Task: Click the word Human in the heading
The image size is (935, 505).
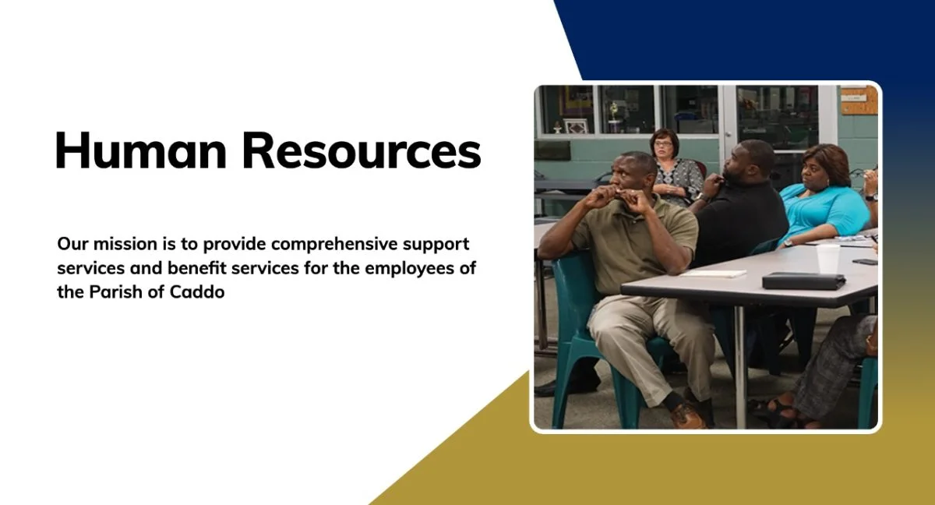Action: coord(141,150)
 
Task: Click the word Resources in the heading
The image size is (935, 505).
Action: coord(362,150)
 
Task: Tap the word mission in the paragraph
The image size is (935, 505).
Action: coord(125,244)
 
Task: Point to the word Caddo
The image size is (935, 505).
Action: coord(197,292)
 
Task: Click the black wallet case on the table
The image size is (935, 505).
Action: coord(804,281)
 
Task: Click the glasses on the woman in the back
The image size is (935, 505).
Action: coord(663,144)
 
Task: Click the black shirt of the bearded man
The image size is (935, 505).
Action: coord(739,224)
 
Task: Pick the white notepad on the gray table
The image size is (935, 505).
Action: coord(713,274)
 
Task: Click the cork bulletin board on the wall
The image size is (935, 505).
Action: coord(859,101)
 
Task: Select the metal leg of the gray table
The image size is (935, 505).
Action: coord(739,367)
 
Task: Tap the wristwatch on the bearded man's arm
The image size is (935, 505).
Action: coord(703,197)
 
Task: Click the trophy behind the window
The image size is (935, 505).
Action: coord(613,117)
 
